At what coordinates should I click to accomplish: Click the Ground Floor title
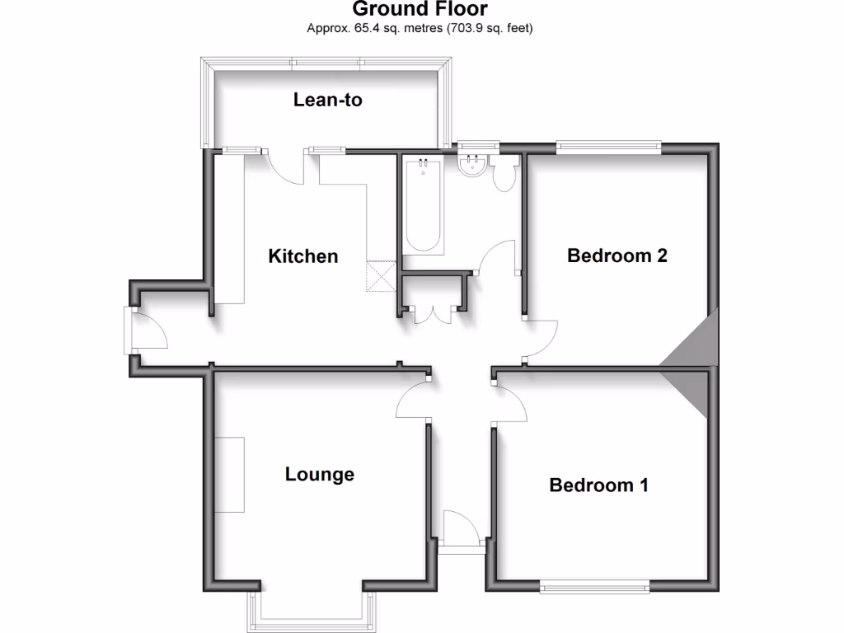[x=420, y=10]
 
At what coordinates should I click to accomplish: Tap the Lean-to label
[x=328, y=101]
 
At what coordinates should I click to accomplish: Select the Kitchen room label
[x=303, y=256]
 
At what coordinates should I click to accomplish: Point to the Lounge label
[x=320, y=474]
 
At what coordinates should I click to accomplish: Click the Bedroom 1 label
[x=598, y=485]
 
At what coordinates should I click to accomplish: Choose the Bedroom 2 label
[x=617, y=256]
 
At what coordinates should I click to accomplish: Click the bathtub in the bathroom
[x=423, y=206]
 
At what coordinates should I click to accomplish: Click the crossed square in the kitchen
[x=382, y=275]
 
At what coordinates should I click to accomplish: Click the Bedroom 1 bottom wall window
[x=594, y=586]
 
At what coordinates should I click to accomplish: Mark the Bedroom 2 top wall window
[x=609, y=148]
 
